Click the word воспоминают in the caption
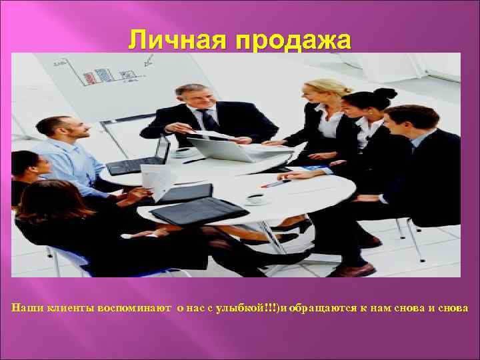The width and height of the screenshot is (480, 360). click(135, 307)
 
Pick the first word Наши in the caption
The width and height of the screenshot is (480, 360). click(26, 307)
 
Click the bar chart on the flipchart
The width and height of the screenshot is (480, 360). click(97, 75)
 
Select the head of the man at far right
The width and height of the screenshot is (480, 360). click(404, 123)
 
